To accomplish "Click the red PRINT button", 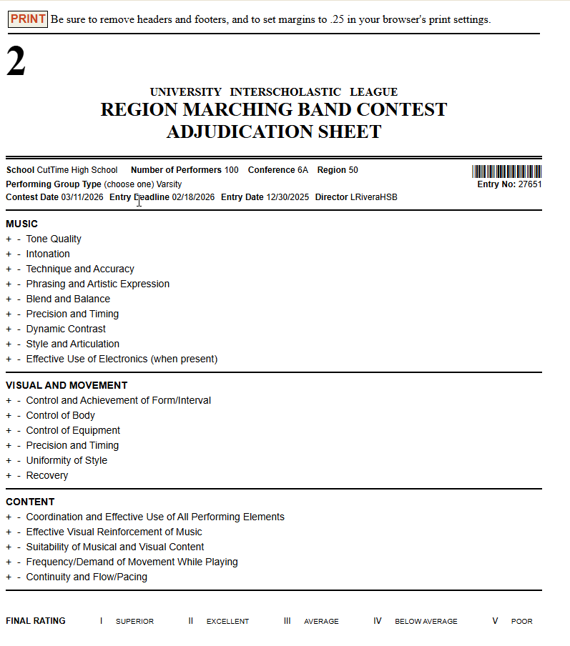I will [x=28, y=19].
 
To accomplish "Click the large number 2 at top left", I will [x=16, y=62].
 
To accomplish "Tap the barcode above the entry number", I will [x=506, y=172].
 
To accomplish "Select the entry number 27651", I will [x=530, y=184].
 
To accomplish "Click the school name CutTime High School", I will [x=77, y=170].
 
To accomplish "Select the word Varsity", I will [x=169, y=184].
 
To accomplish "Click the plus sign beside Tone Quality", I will [x=9, y=239].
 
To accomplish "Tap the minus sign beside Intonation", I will [x=19, y=254].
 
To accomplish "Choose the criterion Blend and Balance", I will [x=68, y=299].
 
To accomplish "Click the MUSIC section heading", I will [x=21, y=224].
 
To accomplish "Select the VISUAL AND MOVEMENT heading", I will [x=67, y=386].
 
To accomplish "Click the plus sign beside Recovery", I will [x=9, y=476].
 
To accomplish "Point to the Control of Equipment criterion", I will [x=73, y=431].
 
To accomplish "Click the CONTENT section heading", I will [x=30, y=502].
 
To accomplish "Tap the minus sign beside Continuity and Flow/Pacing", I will [x=19, y=577].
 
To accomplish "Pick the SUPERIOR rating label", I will [x=134, y=622].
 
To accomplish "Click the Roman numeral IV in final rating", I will [x=378, y=621].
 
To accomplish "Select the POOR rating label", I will [x=522, y=622].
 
